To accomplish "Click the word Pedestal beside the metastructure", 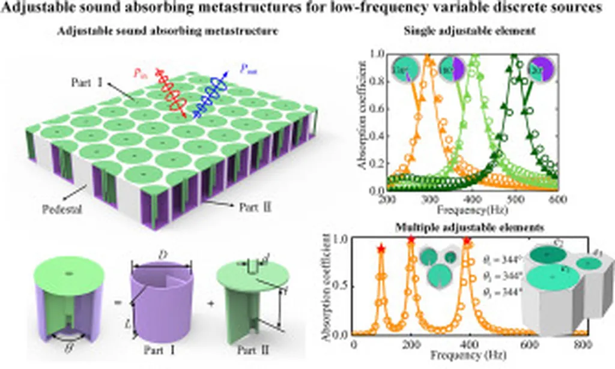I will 61,210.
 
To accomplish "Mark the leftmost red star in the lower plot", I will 380,248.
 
